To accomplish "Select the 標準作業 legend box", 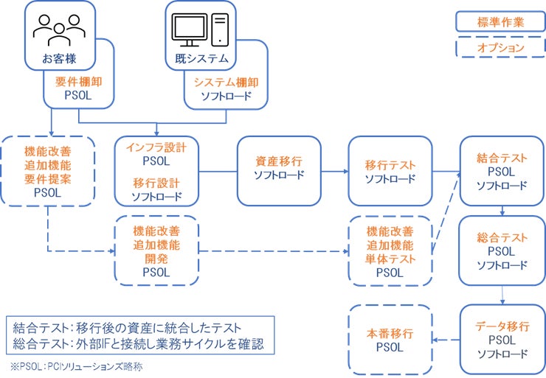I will click(x=500, y=21).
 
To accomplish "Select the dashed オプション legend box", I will click(x=500, y=48).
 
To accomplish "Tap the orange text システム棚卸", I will click(x=227, y=83).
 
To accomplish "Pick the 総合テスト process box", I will click(x=502, y=251).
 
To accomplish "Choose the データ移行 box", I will click(x=502, y=340).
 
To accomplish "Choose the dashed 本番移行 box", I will click(x=389, y=340).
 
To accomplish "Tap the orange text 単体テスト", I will click(x=389, y=259).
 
